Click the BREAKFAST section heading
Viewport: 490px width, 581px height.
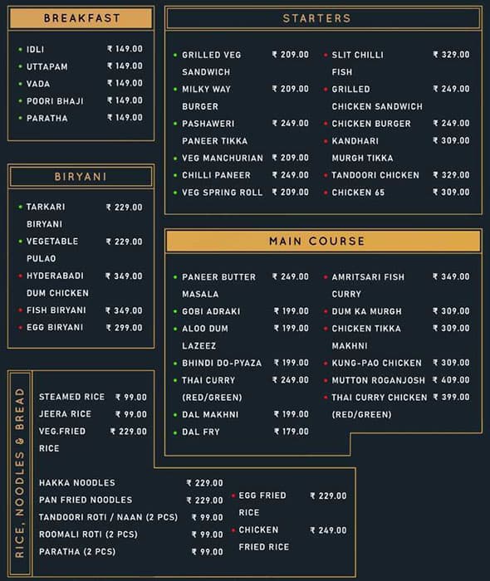81,18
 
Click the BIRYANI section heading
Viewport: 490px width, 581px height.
81,177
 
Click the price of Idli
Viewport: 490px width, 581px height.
125,49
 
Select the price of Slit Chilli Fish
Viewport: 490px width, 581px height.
451,55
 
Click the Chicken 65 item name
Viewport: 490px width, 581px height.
358,193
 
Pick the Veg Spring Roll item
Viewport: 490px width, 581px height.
222,193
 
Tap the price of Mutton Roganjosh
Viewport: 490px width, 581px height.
451,380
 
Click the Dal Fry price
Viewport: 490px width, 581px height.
291,432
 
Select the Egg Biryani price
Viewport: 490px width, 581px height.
124,328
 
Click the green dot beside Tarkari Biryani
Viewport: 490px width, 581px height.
19,207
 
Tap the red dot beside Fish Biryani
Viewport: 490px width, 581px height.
19,310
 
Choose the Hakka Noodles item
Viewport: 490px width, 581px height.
76,483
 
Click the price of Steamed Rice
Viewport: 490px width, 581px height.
130,397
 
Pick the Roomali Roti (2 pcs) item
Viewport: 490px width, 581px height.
88,535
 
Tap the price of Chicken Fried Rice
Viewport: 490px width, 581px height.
328,530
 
